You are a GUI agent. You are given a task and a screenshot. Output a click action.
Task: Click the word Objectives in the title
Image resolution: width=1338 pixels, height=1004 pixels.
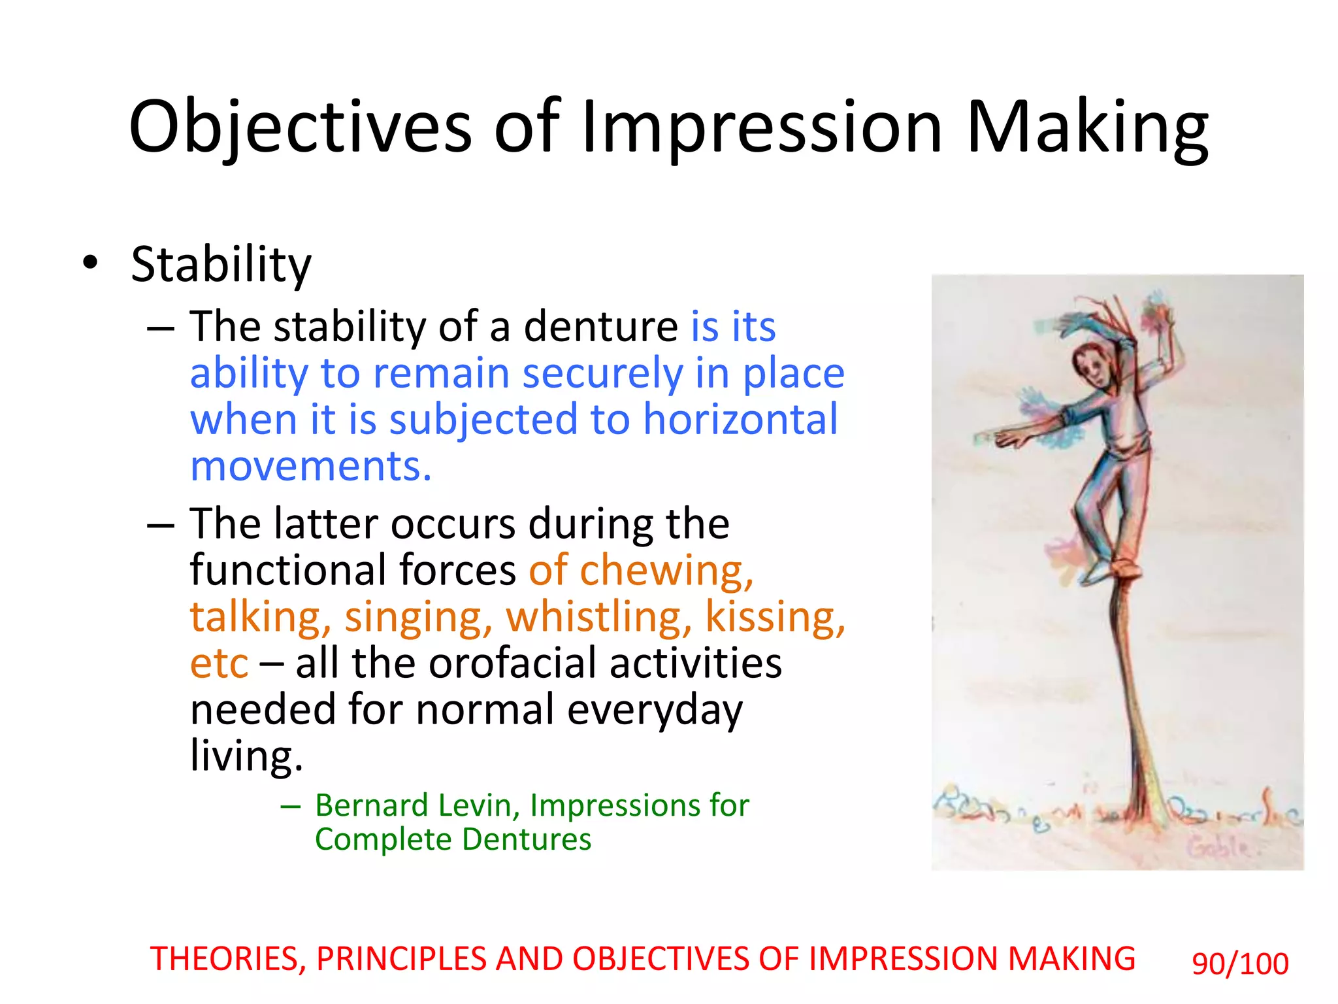pyautogui.click(x=300, y=127)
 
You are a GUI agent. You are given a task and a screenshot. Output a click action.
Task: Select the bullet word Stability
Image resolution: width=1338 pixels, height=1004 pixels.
pyautogui.click(x=221, y=265)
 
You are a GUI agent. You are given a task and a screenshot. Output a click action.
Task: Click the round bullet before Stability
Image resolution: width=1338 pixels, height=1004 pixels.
pyautogui.click(x=90, y=263)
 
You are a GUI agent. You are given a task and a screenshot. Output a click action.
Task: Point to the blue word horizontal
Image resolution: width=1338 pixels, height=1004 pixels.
pyautogui.click(x=740, y=420)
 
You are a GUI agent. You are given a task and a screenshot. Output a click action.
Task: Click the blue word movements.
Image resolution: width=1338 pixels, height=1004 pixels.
pyautogui.click(x=311, y=467)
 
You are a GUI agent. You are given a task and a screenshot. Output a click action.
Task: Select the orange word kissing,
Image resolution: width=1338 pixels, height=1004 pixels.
pyautogui.click(x=775, y=617)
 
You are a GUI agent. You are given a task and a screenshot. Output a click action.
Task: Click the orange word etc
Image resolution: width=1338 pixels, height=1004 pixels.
pyautogui.click(x=219, y=664)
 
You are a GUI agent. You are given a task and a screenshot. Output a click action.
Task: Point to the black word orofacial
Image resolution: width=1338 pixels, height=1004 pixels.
pyautogui.click(x=513, y=664)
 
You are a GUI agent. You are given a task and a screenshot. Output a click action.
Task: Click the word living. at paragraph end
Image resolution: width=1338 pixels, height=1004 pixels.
pyautogui.click(x=246, y=756)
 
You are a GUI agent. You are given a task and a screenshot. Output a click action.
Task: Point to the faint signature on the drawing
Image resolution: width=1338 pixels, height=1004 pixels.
pyautogui.click(x=1218, y=848)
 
